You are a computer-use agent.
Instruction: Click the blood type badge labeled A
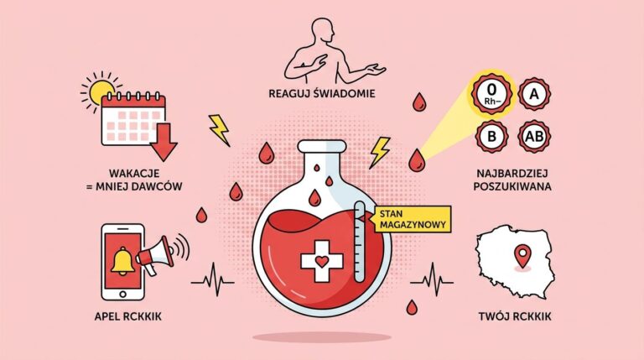(x=534, y=94)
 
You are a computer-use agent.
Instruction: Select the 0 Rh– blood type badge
(x=492, y=93)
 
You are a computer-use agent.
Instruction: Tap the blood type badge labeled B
(x=492, y=137)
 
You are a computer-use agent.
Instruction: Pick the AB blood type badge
(x=534, y=137)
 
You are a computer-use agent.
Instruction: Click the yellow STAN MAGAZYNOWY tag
(x=411, y=220)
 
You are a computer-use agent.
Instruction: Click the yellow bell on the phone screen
(x=122, y=262)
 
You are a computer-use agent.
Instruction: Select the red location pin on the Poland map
(x=522, y=255)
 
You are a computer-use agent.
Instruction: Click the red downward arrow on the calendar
(x=164, y=142)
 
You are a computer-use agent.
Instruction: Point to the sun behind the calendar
(x=100, y=91)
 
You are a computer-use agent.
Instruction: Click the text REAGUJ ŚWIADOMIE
(x=322, y=94)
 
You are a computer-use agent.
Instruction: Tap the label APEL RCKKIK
(x=127, y=316)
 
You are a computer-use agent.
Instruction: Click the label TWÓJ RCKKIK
(x=515, y=316)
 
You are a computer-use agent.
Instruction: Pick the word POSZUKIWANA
(x=512, y=186)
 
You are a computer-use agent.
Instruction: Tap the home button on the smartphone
(x=122, y=295)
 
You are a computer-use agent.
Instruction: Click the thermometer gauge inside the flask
(x=360, y=242)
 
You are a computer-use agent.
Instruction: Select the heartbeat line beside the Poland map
(x=432, y=280)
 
